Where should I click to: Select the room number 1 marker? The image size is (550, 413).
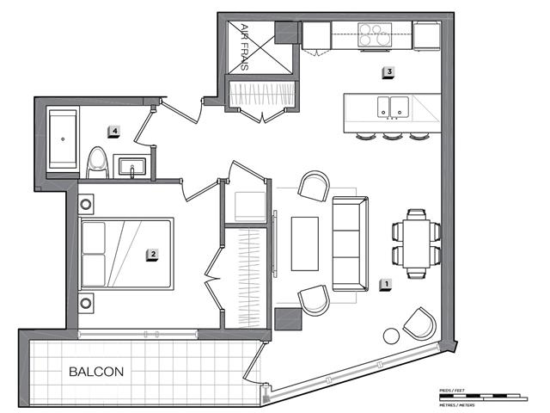387,282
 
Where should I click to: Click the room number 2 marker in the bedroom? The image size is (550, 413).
151,254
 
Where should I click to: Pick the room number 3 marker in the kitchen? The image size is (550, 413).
388,72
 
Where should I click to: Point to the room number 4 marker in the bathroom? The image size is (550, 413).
113,131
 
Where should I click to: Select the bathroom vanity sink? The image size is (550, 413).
132,164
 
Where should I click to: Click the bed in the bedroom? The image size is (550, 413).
126,255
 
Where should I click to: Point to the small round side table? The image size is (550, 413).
392,336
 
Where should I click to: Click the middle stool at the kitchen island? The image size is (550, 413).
394,136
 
